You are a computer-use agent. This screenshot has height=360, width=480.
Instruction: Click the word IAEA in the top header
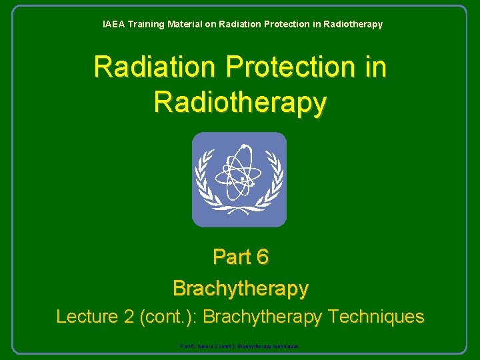[113, 24]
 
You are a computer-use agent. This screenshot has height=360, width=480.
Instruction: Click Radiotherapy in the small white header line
[352, 24]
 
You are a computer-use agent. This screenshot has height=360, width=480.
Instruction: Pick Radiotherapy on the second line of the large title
[240, 103]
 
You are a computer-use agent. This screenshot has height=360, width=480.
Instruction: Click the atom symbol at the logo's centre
[239, 175]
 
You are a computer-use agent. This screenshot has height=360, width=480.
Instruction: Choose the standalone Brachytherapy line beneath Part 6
[240, 288]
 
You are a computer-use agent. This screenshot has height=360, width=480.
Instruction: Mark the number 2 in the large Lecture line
[130, 316]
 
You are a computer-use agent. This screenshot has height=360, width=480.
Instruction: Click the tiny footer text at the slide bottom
[239, 347]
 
